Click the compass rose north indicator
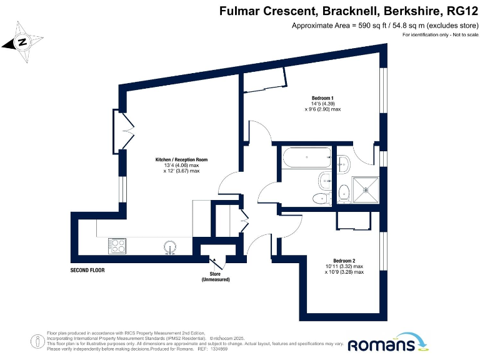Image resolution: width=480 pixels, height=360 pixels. pos(22,42)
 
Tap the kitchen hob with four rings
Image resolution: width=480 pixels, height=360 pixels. pos(117,246)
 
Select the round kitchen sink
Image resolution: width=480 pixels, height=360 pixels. pos(169,246)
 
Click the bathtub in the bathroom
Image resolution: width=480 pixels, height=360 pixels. pos(306,158)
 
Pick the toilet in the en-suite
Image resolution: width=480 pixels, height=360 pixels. pos(343,193)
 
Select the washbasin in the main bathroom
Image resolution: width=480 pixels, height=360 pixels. pos(324,181)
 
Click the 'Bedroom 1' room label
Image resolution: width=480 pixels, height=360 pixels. pos(322,98)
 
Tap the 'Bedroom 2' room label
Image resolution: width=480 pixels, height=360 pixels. pos(344,261)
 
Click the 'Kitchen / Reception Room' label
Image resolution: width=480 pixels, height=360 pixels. pos(181,160)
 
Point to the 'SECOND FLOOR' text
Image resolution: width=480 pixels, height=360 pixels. pos(87,271)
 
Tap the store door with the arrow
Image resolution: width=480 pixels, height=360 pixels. pos(216,262)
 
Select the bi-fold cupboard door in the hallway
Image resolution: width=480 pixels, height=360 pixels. pos(244,218)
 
